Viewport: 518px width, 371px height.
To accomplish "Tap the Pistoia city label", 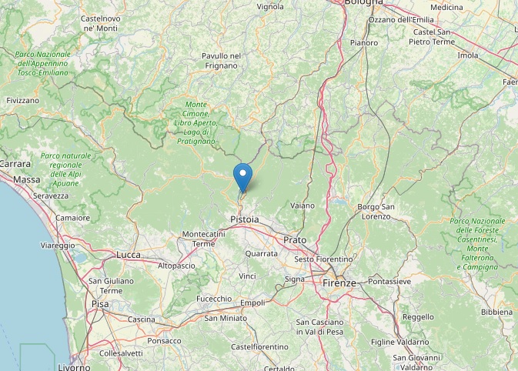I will pos(245,220).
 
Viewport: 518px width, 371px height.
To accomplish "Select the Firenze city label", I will pos(339,282).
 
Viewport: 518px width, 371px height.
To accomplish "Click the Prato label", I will pos(294,240).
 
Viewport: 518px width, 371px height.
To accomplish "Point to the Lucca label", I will pos(128,254).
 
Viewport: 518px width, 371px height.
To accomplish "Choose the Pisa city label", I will pos(100,303).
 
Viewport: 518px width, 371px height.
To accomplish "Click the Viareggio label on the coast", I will pos(57,246).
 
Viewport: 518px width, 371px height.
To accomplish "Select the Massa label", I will pos(27,179).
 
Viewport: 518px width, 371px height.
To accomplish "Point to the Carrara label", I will pos(14,164).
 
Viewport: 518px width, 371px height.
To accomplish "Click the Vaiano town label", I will pos(303,206).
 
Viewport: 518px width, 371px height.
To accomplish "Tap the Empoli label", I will pos(252,302).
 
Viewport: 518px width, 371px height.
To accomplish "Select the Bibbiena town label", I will pos(496,312).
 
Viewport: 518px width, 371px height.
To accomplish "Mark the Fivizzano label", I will pos(22,101).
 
